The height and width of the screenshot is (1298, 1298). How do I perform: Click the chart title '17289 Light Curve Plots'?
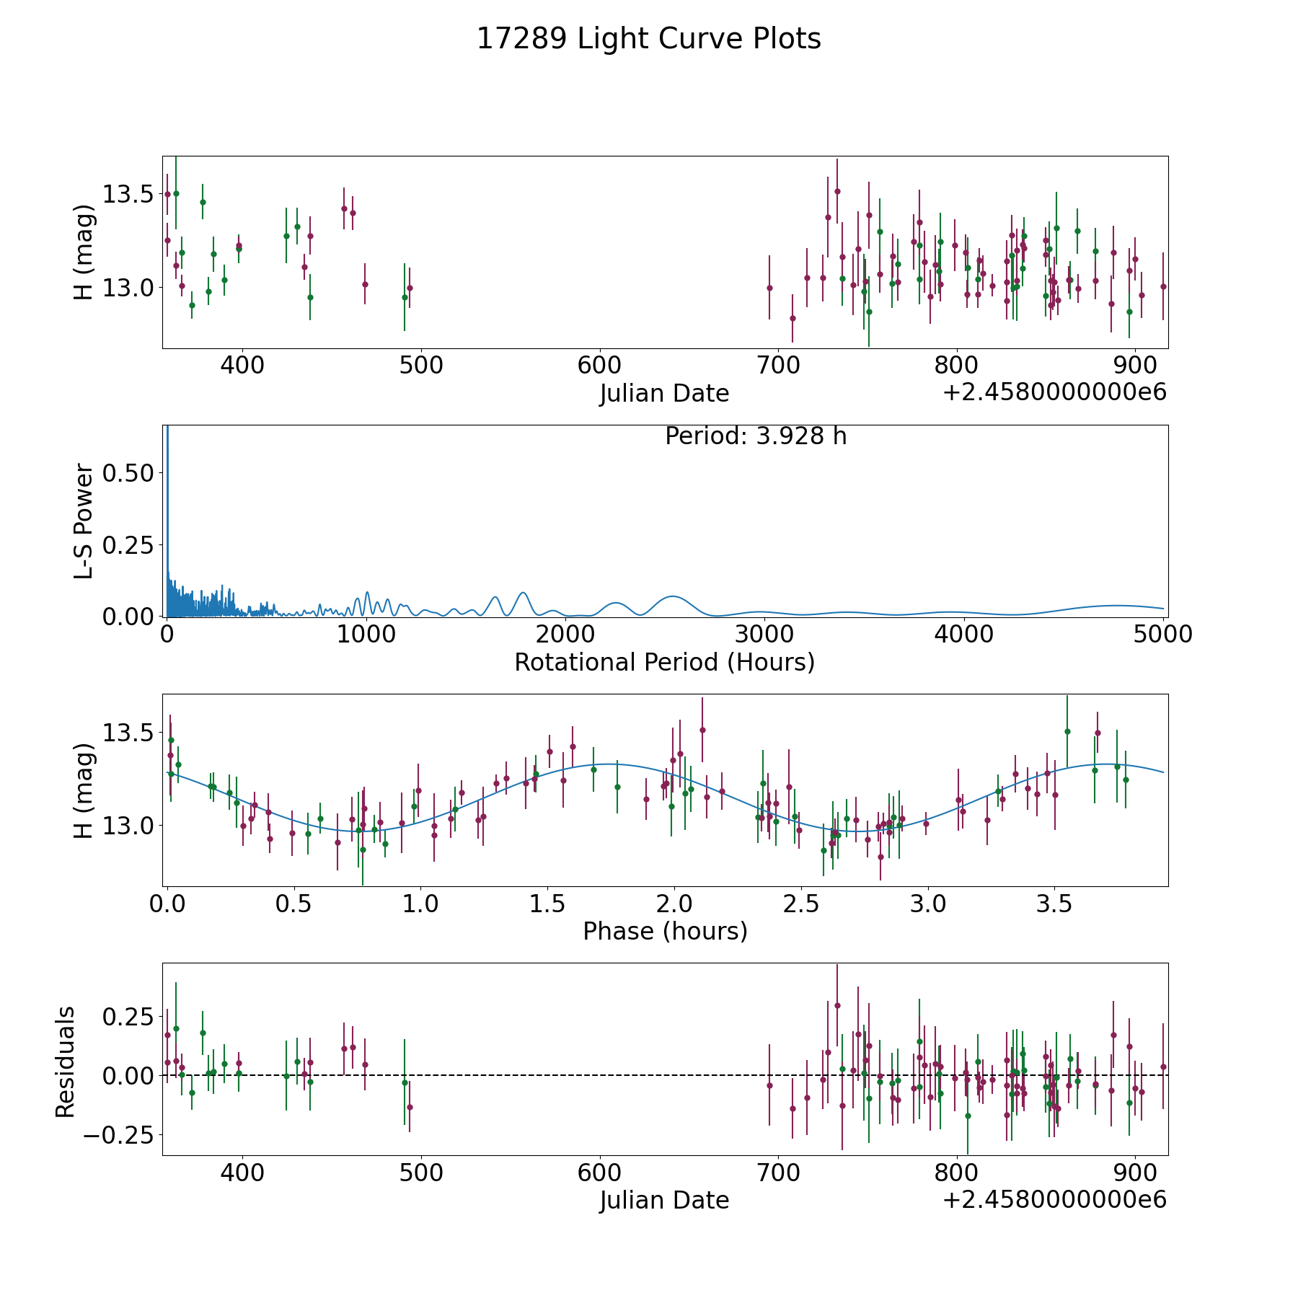click(648, 39)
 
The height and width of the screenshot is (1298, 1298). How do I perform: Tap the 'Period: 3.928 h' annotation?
click(755, 436)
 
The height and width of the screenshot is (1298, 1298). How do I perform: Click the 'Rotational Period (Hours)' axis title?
click(664, 662)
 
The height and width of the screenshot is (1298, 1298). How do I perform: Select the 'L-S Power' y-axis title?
click(84, 521)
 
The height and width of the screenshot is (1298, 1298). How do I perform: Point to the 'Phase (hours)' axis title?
click(664, 931)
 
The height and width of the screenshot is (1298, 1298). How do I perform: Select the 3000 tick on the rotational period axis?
click(764, 634)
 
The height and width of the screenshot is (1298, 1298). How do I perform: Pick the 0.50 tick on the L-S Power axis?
click(128, 473)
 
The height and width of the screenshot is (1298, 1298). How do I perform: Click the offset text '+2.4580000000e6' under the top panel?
click(1054, 392)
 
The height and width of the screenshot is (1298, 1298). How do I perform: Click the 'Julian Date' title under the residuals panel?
click(664, 1200)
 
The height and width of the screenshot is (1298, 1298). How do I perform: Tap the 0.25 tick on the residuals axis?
click(128, 1017)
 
